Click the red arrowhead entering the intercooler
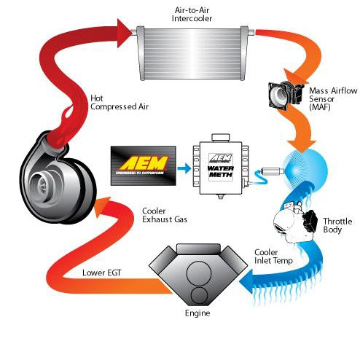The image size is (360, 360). point(125,32)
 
